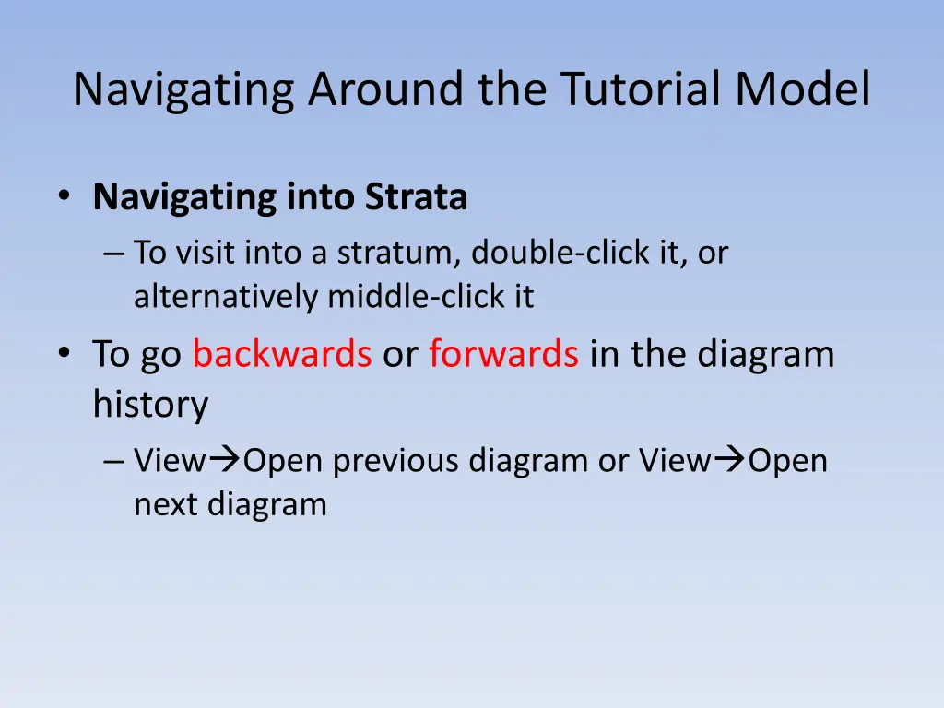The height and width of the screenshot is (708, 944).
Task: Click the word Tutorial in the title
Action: click(642, 89)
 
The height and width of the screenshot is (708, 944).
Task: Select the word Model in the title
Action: click(803, 89)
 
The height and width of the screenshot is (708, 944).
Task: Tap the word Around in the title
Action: click(386, 89)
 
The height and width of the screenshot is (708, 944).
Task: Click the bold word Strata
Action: click(416, 196)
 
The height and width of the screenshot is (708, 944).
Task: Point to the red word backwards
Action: click(282, 353)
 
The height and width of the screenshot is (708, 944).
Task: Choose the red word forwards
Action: click(504, 353)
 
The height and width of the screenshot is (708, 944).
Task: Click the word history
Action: click(150, 405)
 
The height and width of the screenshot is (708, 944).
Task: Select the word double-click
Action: click(560, 253)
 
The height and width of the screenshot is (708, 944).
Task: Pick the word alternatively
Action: click(226, 298)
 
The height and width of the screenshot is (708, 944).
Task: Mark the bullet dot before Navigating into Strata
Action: click(65, 195)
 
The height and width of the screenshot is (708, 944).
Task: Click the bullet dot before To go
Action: click(65, 352)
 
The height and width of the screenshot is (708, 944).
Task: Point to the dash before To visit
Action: click(113, 254)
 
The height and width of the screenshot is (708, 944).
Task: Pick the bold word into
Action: click(320, 196)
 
